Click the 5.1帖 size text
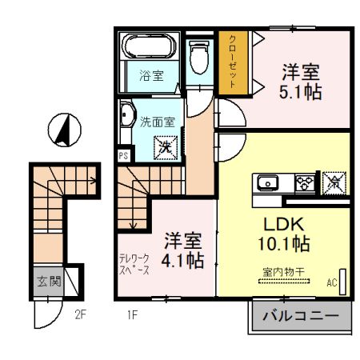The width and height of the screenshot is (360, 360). click(x=300, y=92)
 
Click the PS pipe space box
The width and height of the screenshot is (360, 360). click(x=123, y=157)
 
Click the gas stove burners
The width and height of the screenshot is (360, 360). click(x=304, y=182)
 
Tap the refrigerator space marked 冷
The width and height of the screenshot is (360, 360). click(x=334, y=182)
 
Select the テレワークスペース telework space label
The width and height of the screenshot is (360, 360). click(x=134, y=264)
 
